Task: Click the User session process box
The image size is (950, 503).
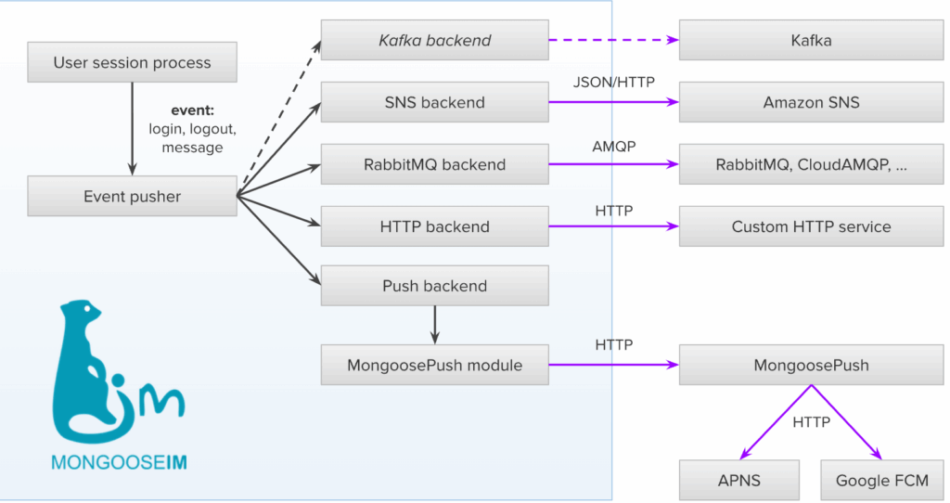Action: [x=132, y=63]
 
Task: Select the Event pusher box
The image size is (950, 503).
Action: [x=132, y=196]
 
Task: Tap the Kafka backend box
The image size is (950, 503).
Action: [x=434, y=41]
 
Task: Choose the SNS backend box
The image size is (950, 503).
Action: [x=434, y=102]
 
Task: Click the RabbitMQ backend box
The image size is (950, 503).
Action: [x=434, y=164]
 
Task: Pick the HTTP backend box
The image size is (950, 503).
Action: [x=434, y=226]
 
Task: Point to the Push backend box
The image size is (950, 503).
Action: [x=434, y=286]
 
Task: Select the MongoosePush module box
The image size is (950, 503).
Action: [x=434, y=365]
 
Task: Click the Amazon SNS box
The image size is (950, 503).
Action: [x=811, y=102]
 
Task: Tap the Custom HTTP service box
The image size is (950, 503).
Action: [x=811, y=226]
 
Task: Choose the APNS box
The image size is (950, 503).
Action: [x=738, y=480]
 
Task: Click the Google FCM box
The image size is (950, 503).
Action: [x=881, y=480]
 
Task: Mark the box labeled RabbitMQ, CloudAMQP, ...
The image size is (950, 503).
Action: [x=811, y=164]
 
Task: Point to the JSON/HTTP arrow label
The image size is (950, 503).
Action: [x=614, y=83]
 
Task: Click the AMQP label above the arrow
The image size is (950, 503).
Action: [x=613, y=147]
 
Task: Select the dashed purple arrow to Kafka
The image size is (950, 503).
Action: [x=612, y=41]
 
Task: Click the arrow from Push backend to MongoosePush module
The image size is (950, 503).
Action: [x=434, y=325]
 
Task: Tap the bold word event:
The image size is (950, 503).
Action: [x=193, y=110]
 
